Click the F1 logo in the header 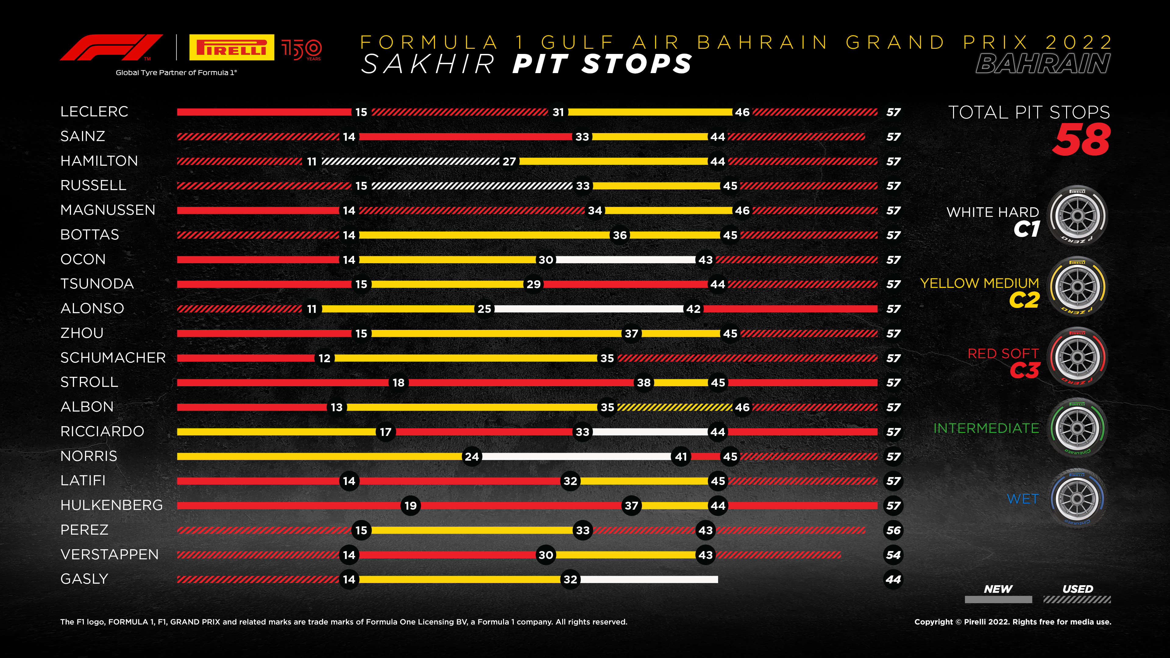pyautogui.click(x=111, y=47)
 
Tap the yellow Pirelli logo pyautogui.click(x=232, y=47)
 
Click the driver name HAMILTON pyautogui.click(x=99, y=161)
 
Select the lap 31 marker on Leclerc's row pyautogui.click(x=558, y=112)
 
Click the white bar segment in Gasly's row pyautogui.click(x=649, y=579)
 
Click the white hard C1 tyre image pyautogui.click(x=1077, y=216)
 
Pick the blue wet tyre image pyautogui.click(x=1077, y=499)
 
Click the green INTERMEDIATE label pyautogui.click(x=986, y=428)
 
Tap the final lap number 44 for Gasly pyautogui.click(x=893, y=579)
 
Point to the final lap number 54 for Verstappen pyautogui.click(x=893, y=555)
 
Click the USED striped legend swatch pyautogui.click(x=1077, y=600)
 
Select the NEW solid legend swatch pyautogui.click(x=998, y=600)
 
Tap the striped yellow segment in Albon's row pyautogui.click(x=675, y=407)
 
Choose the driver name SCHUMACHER pyautogui.click(x=113, y=358)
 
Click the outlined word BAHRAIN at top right pyautogui.click(x=1043, y=64)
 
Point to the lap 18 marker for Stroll pyautogui.click(x=398, y=383)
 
